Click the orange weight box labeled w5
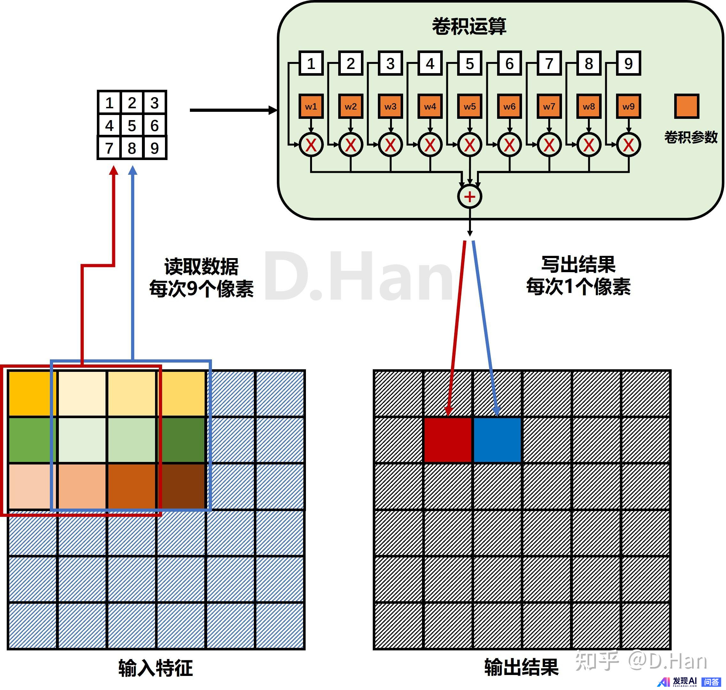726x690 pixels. click(470, 106)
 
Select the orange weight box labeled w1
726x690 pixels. click(311, 106)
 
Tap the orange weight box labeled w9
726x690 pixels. click(628, 106)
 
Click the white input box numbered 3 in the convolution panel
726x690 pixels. click(391, 63)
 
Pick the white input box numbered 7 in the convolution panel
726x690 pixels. click(549, 63)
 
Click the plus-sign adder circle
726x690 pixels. click(470, 196)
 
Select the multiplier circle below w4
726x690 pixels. click(430, 144)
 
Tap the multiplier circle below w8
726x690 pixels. click(589, 144)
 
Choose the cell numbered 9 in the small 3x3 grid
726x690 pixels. click(155, 148)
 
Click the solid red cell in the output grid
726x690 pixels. click(448, 440)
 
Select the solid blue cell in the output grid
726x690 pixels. click(497, 440)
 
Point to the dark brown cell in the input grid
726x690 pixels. click(182, 486)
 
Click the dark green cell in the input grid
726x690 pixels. click(182, 440)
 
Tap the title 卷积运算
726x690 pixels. click(469, 27)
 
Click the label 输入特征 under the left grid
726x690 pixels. click(155, 668)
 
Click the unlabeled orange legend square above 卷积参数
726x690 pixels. click(687, 106)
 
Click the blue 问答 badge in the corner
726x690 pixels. click(711, 682)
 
